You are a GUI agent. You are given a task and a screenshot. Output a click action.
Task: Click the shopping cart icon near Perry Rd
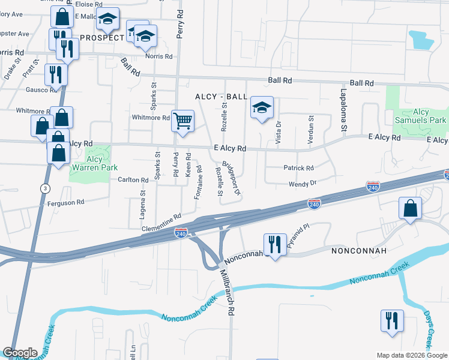(182, 120)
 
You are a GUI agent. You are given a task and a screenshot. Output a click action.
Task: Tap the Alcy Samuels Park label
(421, 116)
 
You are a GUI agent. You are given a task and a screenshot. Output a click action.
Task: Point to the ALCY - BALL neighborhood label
(221, 97)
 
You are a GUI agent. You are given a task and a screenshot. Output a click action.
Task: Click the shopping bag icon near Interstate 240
(410, 209)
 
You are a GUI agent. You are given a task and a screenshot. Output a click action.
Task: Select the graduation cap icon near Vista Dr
(262, 108)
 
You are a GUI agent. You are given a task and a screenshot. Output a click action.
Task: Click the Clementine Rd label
(161, 224)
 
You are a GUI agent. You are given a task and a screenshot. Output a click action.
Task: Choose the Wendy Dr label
(302, 182)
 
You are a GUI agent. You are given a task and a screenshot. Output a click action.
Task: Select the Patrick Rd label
(298, 168)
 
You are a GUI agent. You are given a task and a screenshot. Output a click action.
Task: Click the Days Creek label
(428, 329)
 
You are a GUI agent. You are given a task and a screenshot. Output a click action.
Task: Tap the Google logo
(20, 353)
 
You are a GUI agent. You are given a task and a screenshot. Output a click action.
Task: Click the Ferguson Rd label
(66, 203)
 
